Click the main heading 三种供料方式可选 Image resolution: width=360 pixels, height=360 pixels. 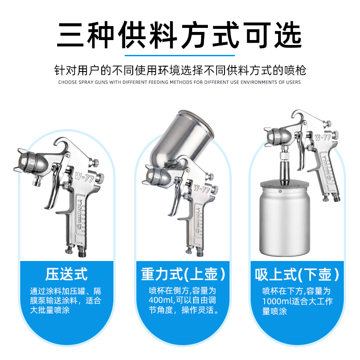(179, 35)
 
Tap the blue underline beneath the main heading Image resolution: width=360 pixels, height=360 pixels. (180, 55)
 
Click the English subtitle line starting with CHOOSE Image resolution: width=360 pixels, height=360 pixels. (179, 82)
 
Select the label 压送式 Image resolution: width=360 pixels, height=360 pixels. (66, 274)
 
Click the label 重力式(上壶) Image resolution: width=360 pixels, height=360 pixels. (183, 274)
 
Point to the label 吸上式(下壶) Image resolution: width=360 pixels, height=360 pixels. (297, 274)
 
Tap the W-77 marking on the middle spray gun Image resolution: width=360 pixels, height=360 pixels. (202, 189)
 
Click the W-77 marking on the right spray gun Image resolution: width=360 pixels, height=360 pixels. (323, 137)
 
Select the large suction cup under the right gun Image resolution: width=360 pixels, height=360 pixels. (284, 218)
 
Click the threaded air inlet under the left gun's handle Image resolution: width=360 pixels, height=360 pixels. (82, 251)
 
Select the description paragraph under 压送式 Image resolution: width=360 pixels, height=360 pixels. (66, 301)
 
